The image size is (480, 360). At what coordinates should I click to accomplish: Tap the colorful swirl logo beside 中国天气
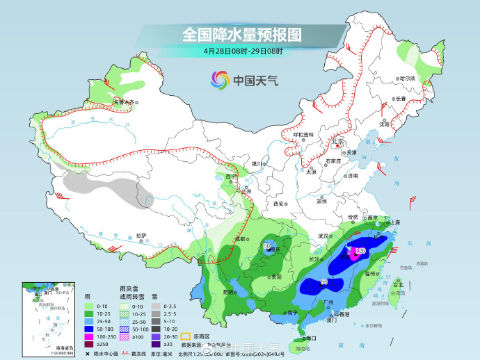[x=221, y=80]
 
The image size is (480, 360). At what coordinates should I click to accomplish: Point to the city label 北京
[x=339, y=142]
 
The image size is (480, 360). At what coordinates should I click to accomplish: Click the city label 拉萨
[x=141, y=235]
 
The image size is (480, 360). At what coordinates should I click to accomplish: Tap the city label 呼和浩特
[x=303, y=134]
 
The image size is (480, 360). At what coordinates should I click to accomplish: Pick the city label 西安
[x=279, y=204]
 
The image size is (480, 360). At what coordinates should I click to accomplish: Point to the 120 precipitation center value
[x=360, y=250]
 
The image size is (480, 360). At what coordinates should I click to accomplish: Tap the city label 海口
[x=312, y=338]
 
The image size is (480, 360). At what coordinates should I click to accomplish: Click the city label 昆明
[x=228, y=292]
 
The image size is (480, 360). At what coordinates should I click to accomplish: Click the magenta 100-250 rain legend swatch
[x=88, y=334]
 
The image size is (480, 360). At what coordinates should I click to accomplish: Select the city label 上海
[x=395, y=222]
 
